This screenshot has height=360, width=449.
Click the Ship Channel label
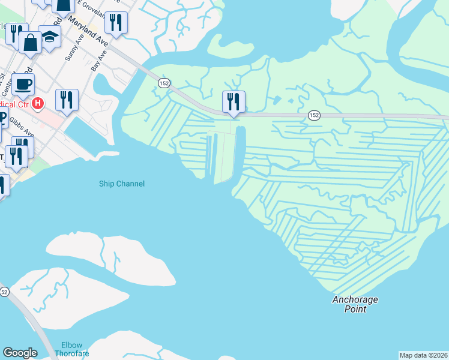coord(122,184)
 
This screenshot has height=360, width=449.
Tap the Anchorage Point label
coord(356,304)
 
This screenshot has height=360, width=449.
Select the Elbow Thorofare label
coord(75,349)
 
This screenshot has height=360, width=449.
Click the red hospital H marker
coord(38,104)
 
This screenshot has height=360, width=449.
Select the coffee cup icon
coord(23,84)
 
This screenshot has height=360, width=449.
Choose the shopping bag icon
coord(30,42)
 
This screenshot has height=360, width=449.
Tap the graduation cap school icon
coord(50,37)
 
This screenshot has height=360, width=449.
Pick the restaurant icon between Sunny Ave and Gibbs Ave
coord(67,99)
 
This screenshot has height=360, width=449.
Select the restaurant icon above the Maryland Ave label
coord(115,23)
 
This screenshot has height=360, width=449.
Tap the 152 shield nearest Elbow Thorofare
coord(4,292)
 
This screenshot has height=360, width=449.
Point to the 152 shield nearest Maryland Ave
coord(164,82)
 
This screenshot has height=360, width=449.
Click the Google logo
coord(20,353)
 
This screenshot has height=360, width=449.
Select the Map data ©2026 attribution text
coord(423,355)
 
